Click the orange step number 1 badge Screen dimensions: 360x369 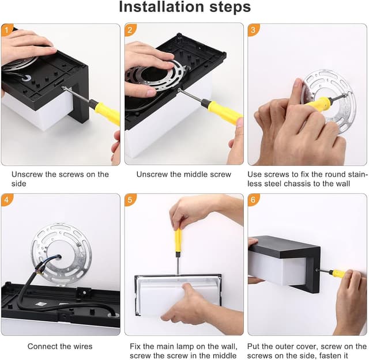pos(7,30)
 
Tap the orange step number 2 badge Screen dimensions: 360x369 pos(130,30)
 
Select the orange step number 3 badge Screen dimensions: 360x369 pos(254,30)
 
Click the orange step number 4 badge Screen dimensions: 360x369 pos(7,200)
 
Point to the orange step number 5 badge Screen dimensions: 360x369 pos(130,200)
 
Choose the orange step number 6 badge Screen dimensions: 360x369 pos(254,200)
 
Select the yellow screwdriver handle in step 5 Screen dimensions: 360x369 pos(178,240)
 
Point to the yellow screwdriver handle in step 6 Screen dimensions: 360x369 pos(339,274)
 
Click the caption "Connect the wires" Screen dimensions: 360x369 pos(60,346)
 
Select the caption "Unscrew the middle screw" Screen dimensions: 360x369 pos(183,174)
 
